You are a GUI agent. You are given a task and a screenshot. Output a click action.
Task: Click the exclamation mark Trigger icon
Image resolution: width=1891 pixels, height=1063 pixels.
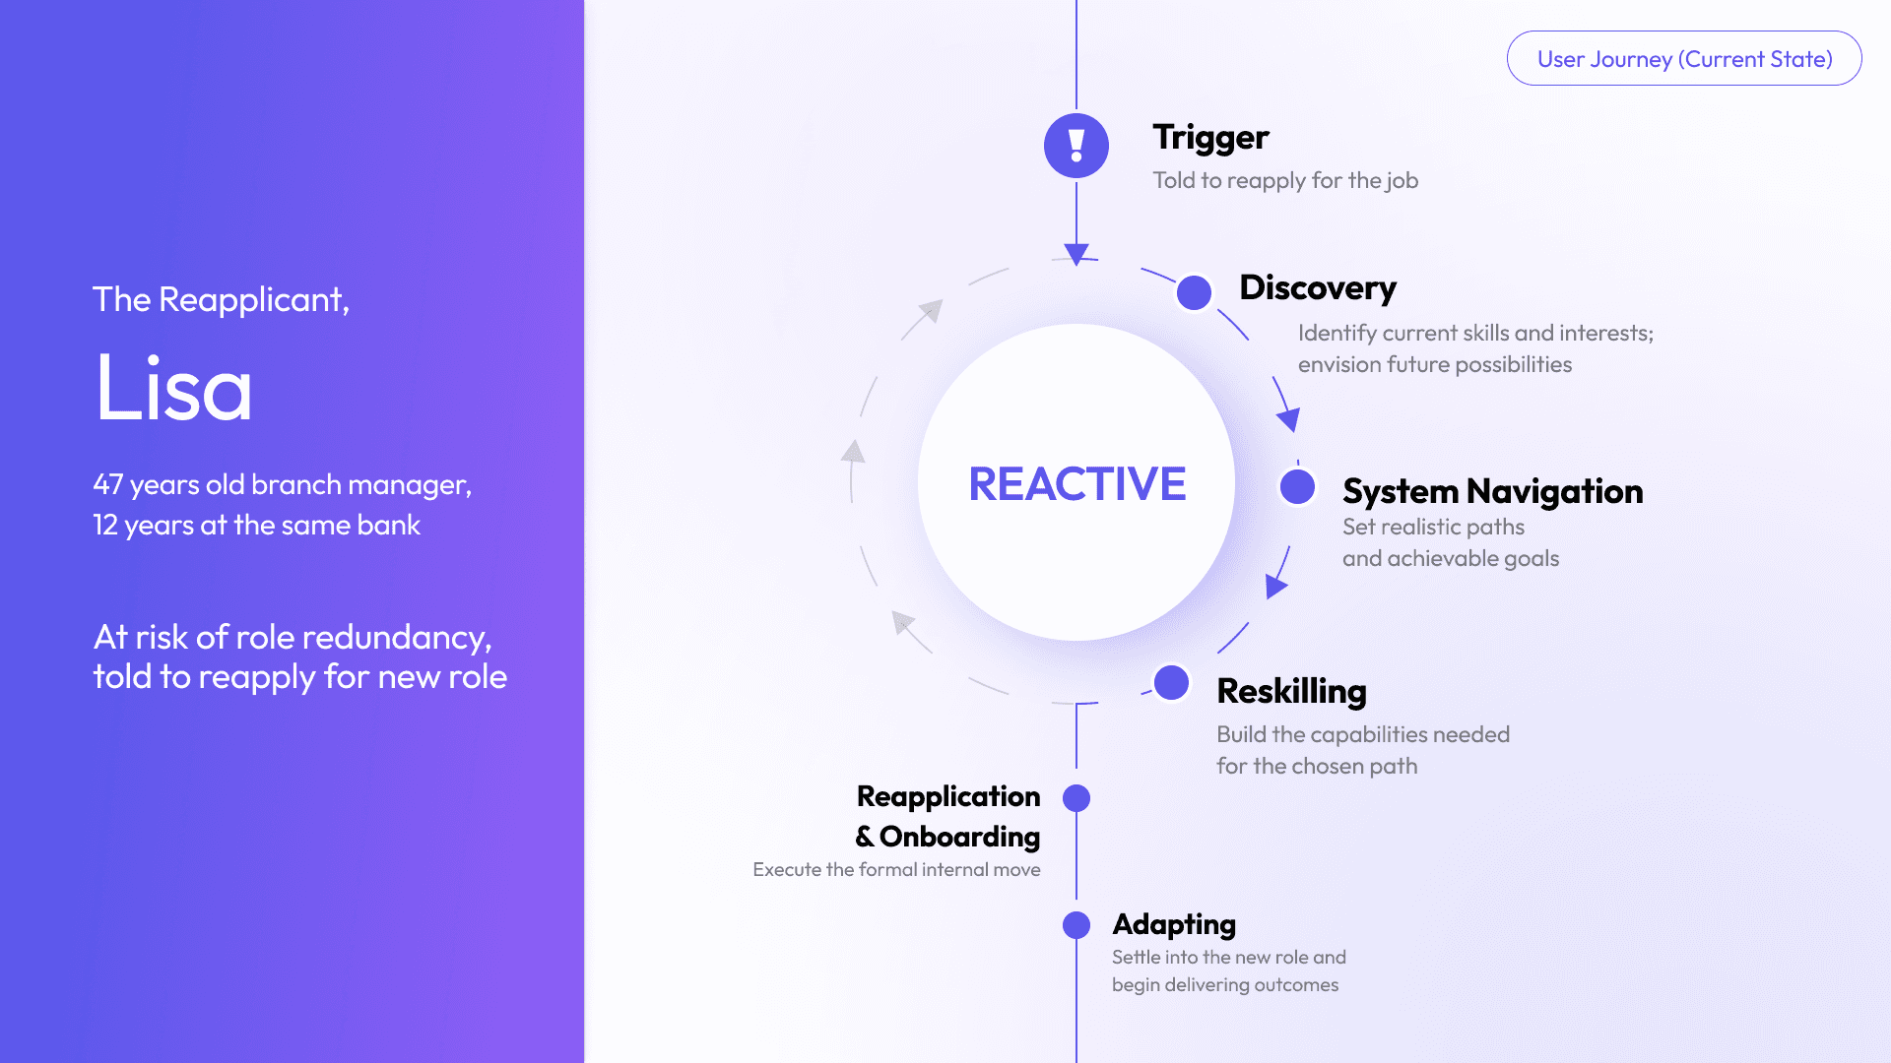tap(1076, 146)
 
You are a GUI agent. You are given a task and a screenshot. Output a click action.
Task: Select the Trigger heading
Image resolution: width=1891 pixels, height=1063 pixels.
tap(1210, 138)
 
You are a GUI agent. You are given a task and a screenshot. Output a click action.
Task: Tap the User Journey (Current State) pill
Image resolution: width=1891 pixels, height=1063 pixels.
tap(1684, 59)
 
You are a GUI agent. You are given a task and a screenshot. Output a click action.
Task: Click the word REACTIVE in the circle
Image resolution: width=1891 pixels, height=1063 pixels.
tap(1076, 484)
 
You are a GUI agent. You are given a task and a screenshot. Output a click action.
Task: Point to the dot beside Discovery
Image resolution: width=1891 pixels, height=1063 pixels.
tap(1194, 292)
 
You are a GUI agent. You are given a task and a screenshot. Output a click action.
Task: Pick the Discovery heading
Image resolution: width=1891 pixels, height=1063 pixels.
tap(1317, 288)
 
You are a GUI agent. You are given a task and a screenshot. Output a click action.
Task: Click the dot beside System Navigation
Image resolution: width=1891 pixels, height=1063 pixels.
tap(1297, 486)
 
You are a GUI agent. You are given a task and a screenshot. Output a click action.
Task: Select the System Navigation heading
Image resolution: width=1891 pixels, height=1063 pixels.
tap(1492, 491)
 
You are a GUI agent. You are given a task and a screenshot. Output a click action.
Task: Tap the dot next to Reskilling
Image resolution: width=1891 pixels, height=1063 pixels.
tap(1171, 682)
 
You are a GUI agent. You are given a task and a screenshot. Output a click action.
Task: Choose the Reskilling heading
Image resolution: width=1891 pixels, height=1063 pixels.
tap(1291, 692)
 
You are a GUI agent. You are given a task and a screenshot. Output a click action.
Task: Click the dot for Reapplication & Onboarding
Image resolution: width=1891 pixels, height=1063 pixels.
tap(1076, 798)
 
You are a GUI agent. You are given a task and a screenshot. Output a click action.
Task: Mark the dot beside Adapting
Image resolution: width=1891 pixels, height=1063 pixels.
tap(1076, 925)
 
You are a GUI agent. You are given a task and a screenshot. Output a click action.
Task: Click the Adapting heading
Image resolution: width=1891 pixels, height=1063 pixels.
tap(1173, 925)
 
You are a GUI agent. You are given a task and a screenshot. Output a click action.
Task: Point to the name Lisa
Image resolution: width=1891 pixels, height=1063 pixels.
tap(173, 389)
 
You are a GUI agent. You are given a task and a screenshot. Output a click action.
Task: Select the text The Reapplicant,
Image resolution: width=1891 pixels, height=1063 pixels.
tap(221, 300)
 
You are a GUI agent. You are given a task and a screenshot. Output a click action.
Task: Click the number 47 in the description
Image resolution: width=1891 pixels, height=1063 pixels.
tap(107, 485)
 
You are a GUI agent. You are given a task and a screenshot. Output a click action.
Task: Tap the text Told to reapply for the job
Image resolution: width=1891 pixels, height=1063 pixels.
tap(1285, 181)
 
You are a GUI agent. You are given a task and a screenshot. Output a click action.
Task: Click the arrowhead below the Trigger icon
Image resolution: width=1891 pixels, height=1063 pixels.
tap(1076, 254)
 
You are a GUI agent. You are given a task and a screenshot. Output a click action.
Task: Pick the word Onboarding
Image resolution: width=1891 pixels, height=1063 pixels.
tap(959, 837)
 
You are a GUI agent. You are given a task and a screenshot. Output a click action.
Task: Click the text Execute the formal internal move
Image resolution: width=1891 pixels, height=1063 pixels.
tap(896, 870)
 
